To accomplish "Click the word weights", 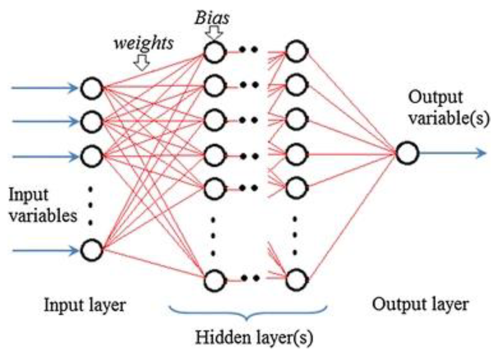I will pyautogui.click(x=144, y=43).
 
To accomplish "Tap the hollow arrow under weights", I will pyautogui.click(x=142, y=63).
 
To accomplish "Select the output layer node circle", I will pyautogui.click(x=407, y=153).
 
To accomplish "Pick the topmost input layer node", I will pyautogui.click(x=92, y=88).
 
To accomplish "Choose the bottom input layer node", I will pyautogui.click(x=92, y=250).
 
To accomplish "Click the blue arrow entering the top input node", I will pyautogui.click(x=44, y=88).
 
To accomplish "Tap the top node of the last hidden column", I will pyautogui.click(x=297, y=51).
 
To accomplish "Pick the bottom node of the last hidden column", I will pyautogui.click(x=297, y=280).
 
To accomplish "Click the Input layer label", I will pyautogui.click(x=85, y=306).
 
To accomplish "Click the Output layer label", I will pyautogui.click(x=420, y=305).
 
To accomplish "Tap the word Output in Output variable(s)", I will pyautogui.click(x=435, y=98).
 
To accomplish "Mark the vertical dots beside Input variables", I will pyautogui.click(x=90, y=206).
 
